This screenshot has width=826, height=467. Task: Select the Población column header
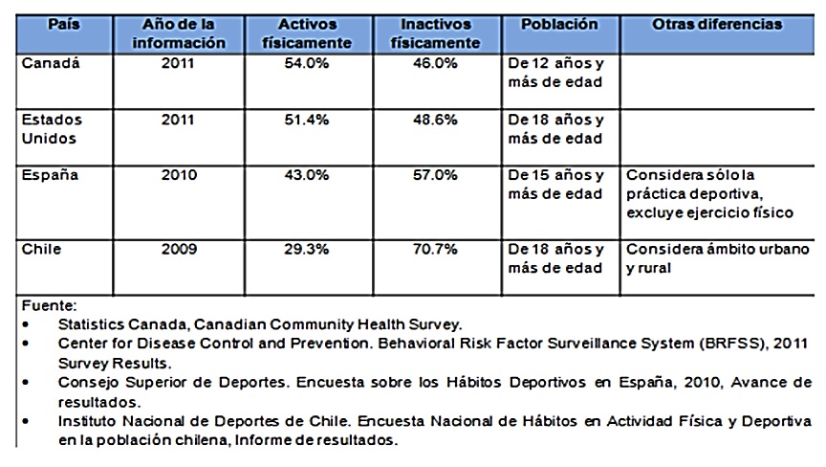tap(559, 25)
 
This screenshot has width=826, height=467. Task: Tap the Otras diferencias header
tap(717, 25)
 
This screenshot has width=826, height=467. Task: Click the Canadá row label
tap(51, 65)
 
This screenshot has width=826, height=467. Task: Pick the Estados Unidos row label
tap(52, 129)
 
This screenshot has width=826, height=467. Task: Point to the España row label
tap(50, 176)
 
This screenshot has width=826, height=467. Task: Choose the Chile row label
tap(41, 250)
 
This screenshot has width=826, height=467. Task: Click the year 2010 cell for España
tap(179, 176)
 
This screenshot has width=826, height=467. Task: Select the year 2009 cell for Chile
tap(179, 250)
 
